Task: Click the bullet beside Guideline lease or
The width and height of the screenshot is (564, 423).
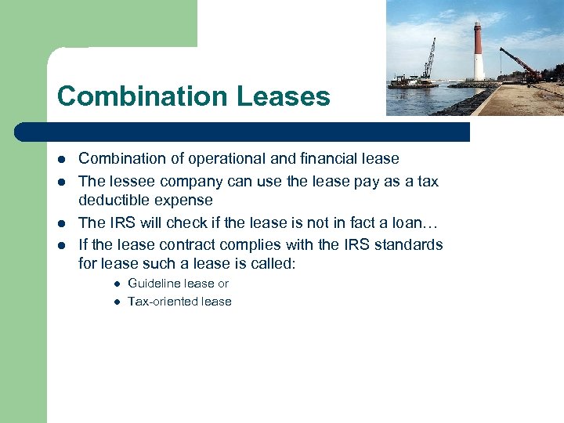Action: pyautogui.click(x=115, y=284)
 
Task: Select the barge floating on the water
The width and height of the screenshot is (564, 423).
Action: pyautogui.click(x=413, y=81)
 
